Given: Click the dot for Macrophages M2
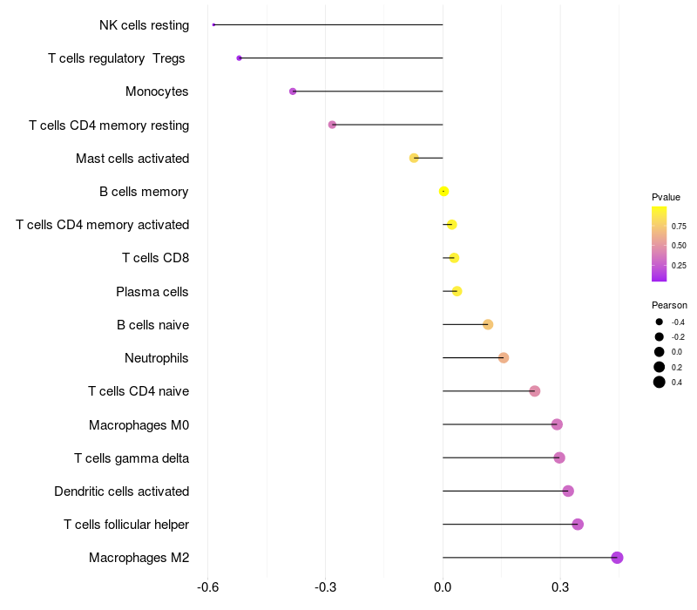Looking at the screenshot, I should (x=617, y=558).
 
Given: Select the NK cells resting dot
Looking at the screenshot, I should (x=213, y=24).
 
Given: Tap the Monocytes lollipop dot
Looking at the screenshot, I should (x=293, y=91).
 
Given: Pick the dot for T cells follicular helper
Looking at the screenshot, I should (x=578, y=524).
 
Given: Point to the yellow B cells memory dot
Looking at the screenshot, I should (x=444, y=191).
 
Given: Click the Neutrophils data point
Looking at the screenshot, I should (x=504, y=358).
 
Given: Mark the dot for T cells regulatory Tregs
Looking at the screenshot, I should (x=239, y=58).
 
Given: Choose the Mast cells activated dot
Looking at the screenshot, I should (x=414, y=158).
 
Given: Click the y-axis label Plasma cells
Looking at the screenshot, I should (x=152, y=291).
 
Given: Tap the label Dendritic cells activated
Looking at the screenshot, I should (x=121, y=491).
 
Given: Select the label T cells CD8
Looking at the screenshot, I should (x=155, y=258).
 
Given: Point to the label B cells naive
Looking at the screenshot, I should (x=152, y=325).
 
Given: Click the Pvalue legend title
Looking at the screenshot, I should (x=666, y=197).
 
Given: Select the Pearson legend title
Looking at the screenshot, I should (x=669, y=305).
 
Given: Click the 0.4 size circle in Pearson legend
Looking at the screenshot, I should (x=660, y=382).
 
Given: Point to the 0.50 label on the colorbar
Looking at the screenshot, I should (x=678, y=245).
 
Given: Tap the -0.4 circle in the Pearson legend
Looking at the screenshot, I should (x=660, y=322).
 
